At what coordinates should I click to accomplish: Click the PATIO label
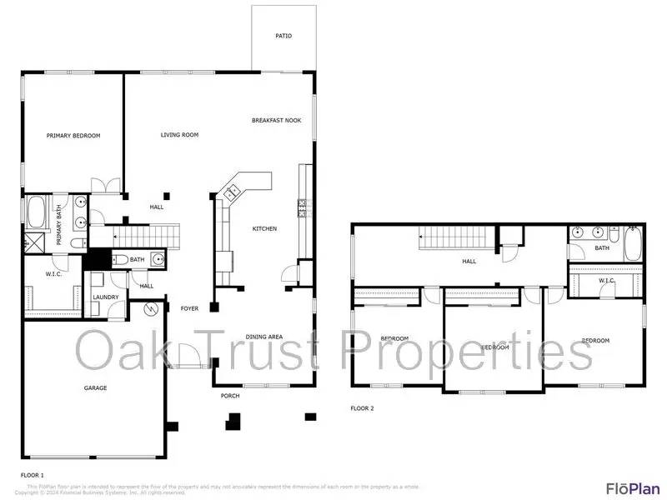(284, 36)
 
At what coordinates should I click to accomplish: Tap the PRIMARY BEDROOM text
(73, 135)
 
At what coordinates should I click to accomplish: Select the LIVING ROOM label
(179, 134)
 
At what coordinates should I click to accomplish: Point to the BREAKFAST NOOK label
(276, 120)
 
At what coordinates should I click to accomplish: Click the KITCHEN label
(264, 228)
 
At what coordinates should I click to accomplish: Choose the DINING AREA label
(263, 337)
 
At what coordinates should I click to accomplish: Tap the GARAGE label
(95, 387)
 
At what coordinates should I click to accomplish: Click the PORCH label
(230, 396)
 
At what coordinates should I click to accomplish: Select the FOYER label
(190, 308)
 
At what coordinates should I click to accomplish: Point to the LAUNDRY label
(105, 297)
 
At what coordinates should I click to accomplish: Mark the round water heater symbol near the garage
(152, 310)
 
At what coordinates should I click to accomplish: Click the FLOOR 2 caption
(363, 408)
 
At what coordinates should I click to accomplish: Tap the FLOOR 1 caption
(33, 474)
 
